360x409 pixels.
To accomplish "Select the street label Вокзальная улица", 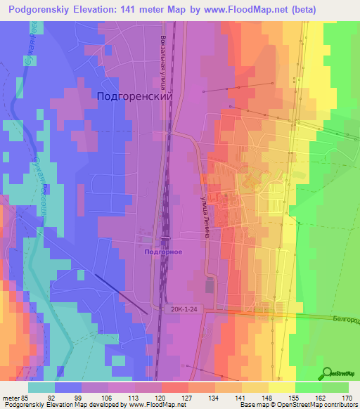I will [163, 63].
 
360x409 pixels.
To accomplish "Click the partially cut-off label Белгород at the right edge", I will [345, 320].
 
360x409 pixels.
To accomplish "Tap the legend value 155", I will [294, 397].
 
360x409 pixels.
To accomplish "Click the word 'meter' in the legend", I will [10, 397].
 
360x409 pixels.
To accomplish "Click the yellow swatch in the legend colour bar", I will [281, 387].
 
